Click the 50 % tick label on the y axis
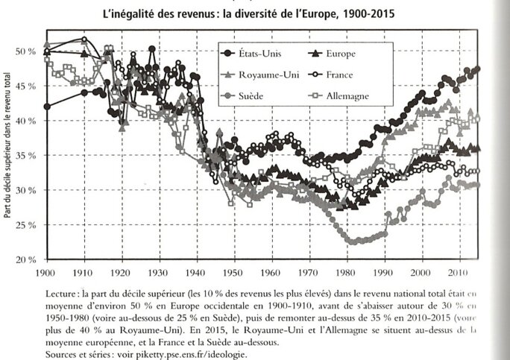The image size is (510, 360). pos(26,51)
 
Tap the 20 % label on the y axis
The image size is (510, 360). pos(26,260)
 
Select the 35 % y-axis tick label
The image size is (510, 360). pos(26,156)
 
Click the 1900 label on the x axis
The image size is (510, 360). pos(47,274)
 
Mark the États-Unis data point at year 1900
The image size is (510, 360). pos(48,106)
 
